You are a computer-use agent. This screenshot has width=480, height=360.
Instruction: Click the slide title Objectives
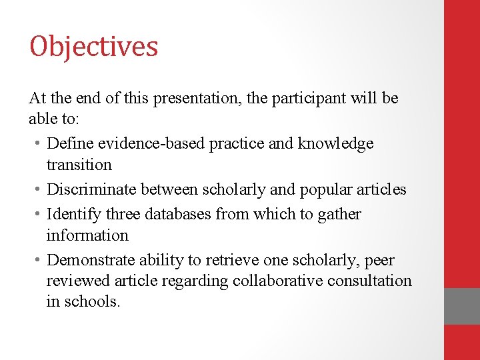pyautogui.click(x=93, y=47)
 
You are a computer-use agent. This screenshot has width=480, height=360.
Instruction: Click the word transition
pyautogui.click(x=79, y=165)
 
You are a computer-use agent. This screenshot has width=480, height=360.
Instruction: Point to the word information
pyautogui.click(x=87, y=235)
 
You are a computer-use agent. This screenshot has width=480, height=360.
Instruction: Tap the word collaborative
pyautogui.click(x=277, y=281)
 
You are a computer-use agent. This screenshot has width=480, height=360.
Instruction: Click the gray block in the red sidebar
pyautogui.click(x=462, y=306)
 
